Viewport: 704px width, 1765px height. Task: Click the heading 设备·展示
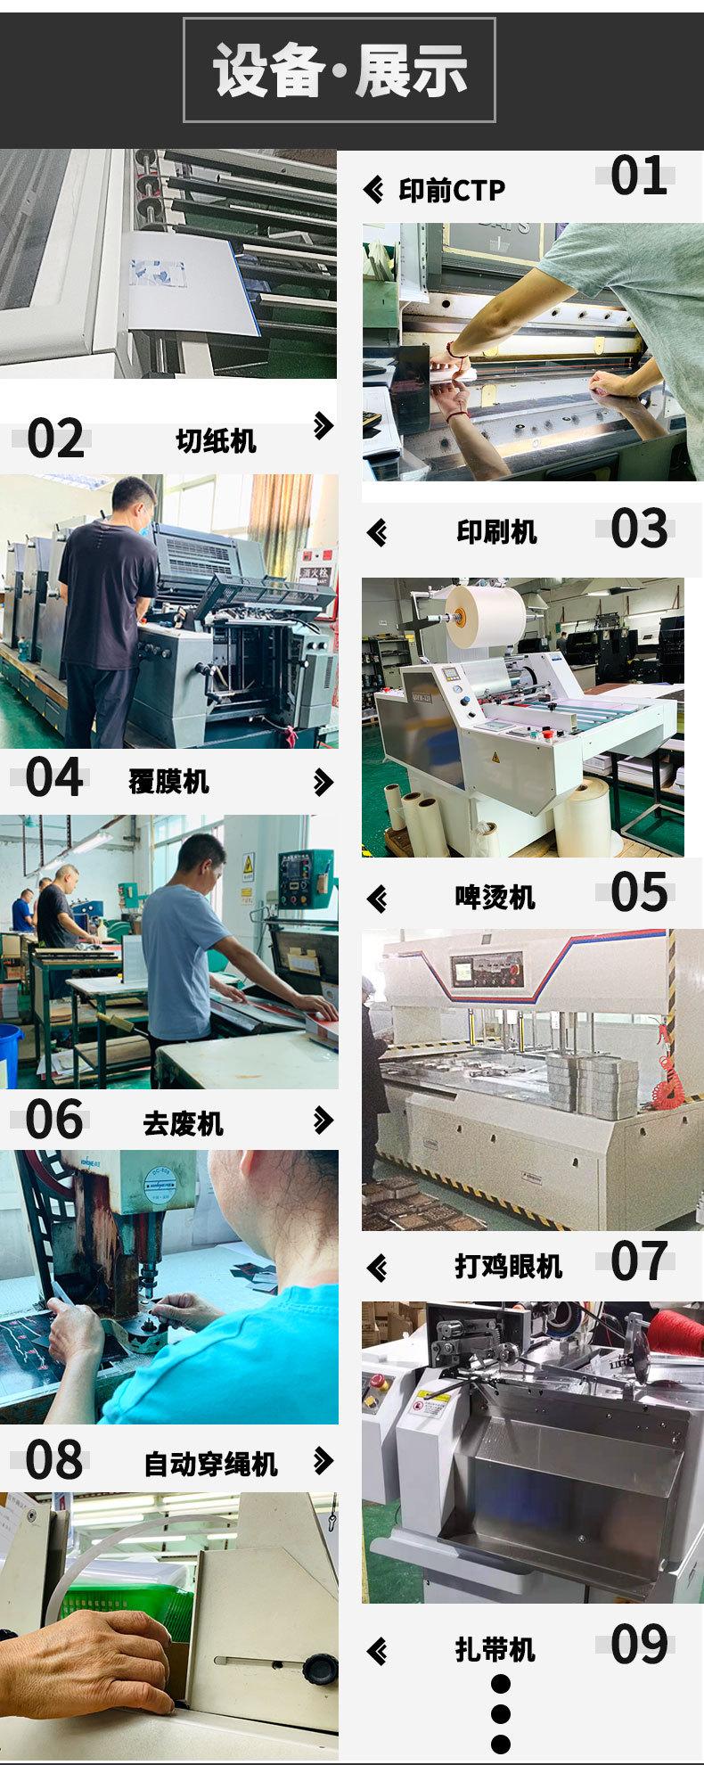click(x=340, y=70)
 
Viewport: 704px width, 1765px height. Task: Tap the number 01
click(x=638, y=176)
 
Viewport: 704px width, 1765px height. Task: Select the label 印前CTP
click(x=451, y=190)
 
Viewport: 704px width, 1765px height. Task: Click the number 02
click(x=55, y=439)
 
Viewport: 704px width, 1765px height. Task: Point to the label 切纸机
click(x=216, y=440)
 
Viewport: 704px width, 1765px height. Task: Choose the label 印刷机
click(x=496, y=532)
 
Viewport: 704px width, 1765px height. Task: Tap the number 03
click(x=638, y=529)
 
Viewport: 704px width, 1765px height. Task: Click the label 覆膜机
click(x=168, y=782)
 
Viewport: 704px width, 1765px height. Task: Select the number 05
click(x=638, y=892)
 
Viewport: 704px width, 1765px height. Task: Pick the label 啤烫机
click(x=495, y=897)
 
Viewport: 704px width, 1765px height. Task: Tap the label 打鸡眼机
click(x=508, y=1266)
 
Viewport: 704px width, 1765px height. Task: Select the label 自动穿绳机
click(x=211, y=1464)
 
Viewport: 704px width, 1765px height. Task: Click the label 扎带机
click(x=495, y=1650)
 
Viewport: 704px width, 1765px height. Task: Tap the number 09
click(x=638, y=1646)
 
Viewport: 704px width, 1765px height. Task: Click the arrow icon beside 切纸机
click(x=323, y=427)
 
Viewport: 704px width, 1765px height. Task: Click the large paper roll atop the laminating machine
click(x=486, y=615)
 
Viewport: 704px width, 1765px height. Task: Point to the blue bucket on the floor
click(x=9, y=1055)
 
